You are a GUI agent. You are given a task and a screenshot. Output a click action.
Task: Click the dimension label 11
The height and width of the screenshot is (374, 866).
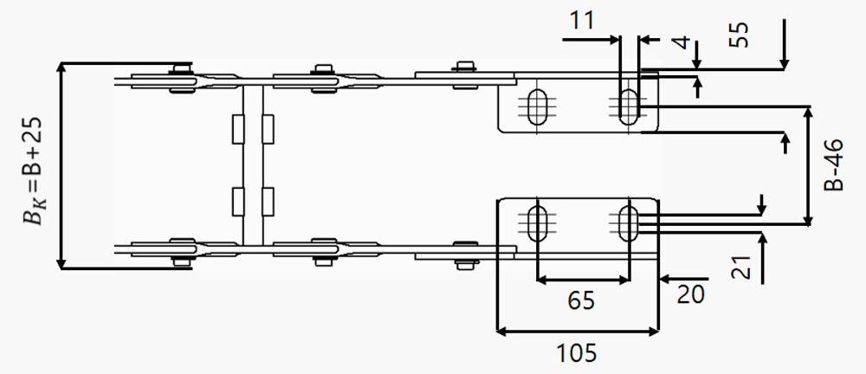click(x=582, y=20)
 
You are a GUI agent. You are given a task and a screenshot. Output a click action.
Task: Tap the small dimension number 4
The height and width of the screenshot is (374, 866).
click(x=683, y=42)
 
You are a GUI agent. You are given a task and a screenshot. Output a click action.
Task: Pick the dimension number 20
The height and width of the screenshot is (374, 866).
click(x=691, y=293)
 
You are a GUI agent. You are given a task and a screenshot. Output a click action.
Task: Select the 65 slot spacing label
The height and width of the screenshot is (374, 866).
click(x=582, y=301)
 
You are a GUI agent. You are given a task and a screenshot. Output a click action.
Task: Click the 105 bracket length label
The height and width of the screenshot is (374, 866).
click(x=576, y=353)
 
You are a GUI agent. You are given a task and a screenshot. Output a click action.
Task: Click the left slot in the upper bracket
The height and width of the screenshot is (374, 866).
click(x=536, y=106)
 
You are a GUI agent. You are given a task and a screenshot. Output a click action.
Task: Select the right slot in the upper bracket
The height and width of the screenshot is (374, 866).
click(x=627, y=106)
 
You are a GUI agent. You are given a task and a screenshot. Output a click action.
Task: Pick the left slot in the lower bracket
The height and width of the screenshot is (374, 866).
click(x=536, y=223)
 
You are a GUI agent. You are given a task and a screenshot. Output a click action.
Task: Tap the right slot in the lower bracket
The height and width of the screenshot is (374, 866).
click(x=627, y=223)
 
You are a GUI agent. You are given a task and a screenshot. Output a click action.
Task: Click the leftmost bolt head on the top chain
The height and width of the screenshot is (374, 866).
click(x=181, y=68)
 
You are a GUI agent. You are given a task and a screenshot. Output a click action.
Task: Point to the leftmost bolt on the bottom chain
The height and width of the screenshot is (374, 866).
click(x=181, y=261)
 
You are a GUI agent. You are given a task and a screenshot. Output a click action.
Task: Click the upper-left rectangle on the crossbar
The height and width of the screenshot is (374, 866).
click(x=237, y=129)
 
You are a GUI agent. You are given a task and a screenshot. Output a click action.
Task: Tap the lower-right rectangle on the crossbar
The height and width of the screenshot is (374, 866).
click(x=268, y=203)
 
